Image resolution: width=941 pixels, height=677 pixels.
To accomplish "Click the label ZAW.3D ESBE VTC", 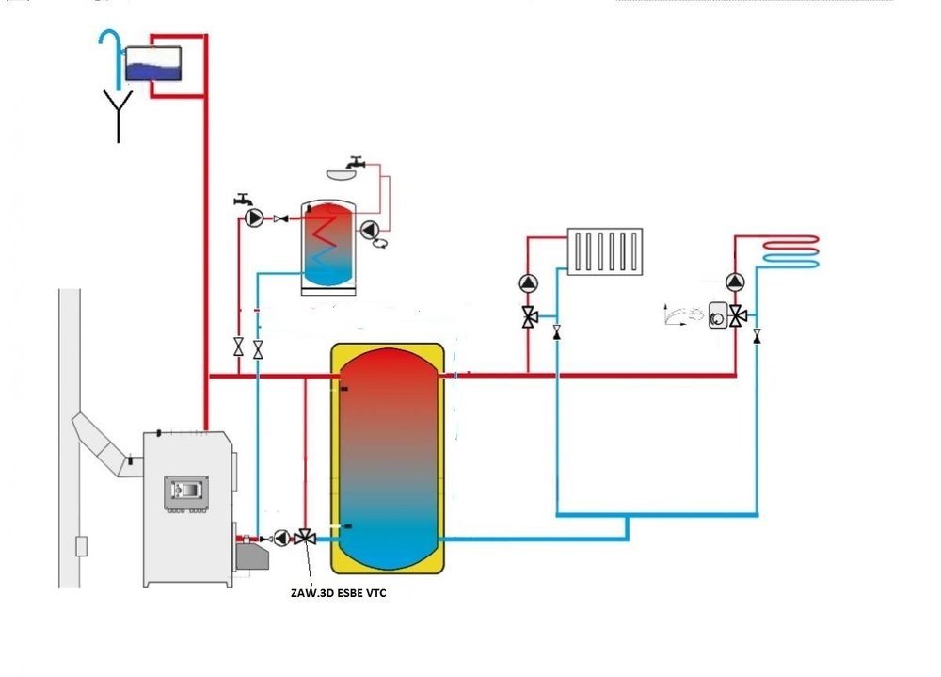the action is pyautogui.click(x=339, y=593).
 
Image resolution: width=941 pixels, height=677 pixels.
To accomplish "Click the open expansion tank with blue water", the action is pyautogui.click(x=152, y=64).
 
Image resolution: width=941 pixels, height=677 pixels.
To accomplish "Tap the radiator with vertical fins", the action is pyautogui.click(x=605, y=251).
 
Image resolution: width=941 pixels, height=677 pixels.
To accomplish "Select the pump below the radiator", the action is pyautogui.click(x=528, y=283).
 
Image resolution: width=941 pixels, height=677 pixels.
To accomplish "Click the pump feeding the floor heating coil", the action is pyautogui.click(x=735, y=282).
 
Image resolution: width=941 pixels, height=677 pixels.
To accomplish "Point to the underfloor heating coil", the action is pyautogui.click(x=791, y=251).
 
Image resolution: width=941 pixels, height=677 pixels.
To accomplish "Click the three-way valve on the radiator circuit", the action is pyautogui.click(x=529, y=316).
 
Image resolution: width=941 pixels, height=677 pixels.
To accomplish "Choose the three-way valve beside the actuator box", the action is pyautogui.click(x=738, y=316).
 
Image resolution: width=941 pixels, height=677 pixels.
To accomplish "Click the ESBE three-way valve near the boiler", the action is pyautogui.click(x=305, y=537).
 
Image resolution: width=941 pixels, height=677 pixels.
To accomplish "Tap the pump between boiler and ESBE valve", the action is pyautogui.click(x=281, y=539).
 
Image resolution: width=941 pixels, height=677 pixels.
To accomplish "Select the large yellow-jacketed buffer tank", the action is pyautogui.click(x=388, y=459).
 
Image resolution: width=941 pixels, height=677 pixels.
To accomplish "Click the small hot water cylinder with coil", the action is pyautogui.click(x=328, y=247).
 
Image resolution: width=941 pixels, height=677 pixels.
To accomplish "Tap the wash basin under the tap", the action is pyautogui.click(x=342, y=174).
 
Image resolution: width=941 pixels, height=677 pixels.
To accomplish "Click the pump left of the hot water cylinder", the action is pyautogui.click(x=254, y=218).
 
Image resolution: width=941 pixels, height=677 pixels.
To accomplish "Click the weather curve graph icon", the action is pyautogui.click(x=683, y=314).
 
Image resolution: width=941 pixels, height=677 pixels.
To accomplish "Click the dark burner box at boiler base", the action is pyautogui.click(x=251, y=556).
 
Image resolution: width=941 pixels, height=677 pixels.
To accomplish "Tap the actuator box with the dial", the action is pyautogui.click(x=718, y=314).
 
